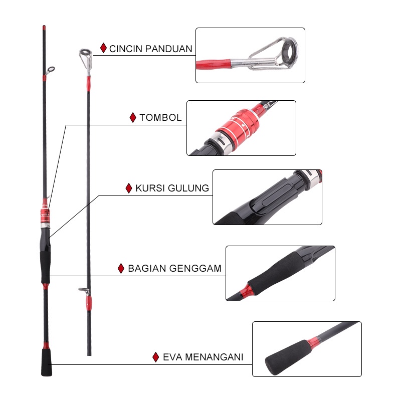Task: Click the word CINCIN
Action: pyautogui.click(x=125, y=49)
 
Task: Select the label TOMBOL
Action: pyautogui.click(x=160, y=118)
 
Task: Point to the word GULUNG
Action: pyautogui.click(x=188, y=188)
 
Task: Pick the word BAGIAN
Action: pyautogui.click(x=147, y=269)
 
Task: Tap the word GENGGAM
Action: pyautogui.click(x=195, y=269)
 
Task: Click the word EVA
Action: pyautogui.click(x=172, y=357)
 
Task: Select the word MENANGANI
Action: pyautogui.click(x=214, y=357)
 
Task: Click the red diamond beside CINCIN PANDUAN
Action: pyautogui.click(x=103, y=48)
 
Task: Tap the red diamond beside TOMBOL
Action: pyautogui.click(x=133, y=118)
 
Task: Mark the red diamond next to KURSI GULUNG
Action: pyautogui.click(x=129, y=188)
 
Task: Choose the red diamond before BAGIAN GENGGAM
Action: pyautogui.click(x=121, y=269)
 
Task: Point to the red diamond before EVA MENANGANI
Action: pyautogui.click(x=156, y=357)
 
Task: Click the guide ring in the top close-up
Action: pyautogui.click(x=289, y=53)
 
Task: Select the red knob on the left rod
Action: pyautogui.click(x=45, y=216)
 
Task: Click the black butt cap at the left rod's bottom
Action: pyautogui.click(x=47, y=362)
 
